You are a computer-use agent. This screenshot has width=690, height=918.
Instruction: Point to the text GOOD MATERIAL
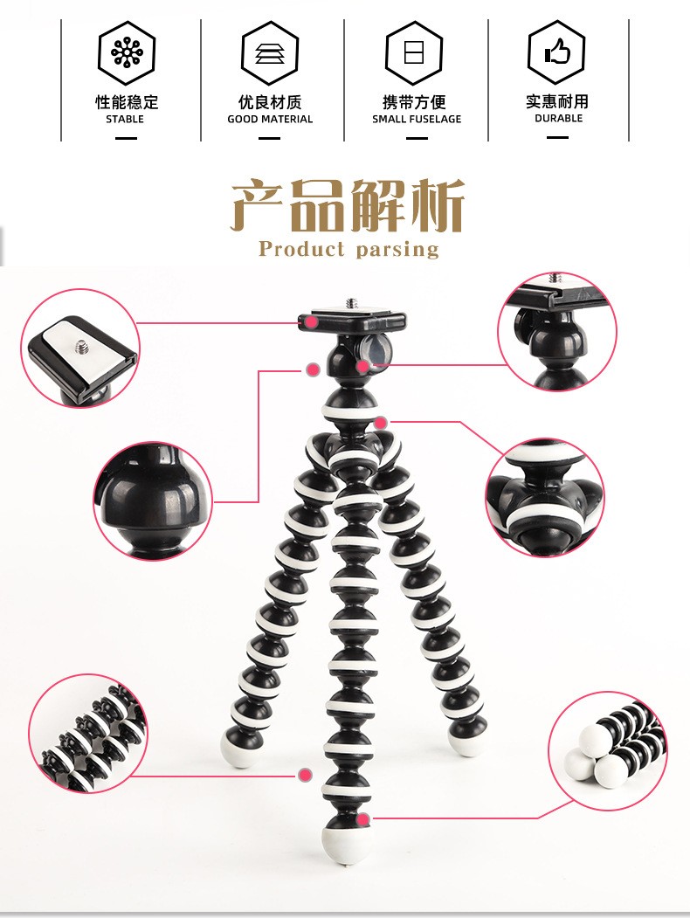pyautogui.click(x=270, y=119)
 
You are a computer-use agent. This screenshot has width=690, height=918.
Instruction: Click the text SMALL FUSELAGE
pyautogui.click(x=417, y=119)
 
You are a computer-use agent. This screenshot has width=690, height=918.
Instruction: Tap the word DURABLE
pyautogui.click(x=558, y=118)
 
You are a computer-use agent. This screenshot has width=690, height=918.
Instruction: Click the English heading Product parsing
pyautogui.click(x=348, y=249)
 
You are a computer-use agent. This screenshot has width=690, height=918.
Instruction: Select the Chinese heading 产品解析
pyautogui.click(x=348, y=206)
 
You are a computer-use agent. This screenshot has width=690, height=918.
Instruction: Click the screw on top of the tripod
pyautogui.click(x=350, y=303)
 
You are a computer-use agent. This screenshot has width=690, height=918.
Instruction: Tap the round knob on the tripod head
pyautogui.click(x=376, y=349)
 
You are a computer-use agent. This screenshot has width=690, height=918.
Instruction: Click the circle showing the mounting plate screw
pyautogui.click(x=80, y=348)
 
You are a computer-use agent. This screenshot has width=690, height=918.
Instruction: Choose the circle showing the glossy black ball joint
pyautogui.click(x=154, y=500)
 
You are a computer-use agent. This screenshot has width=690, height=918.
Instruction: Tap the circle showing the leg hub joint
pyautogui.click(x=545, y=498)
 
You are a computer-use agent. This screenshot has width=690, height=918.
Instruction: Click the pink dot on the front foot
pyautogui.click(x=362, y=818)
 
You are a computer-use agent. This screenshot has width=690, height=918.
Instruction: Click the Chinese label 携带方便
pyautogui.click(x=416, y=102)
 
